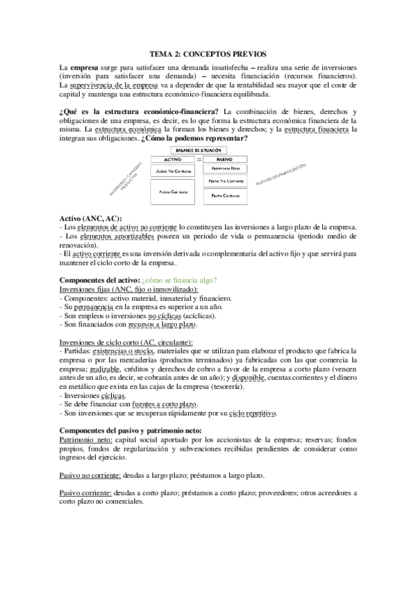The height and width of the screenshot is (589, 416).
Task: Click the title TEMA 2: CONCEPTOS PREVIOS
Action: (208, 53)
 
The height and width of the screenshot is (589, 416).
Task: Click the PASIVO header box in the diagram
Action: (224, 159)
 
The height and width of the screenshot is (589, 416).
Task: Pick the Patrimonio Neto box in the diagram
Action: (224, 169)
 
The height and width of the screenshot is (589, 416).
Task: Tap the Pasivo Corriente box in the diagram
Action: (224, 197)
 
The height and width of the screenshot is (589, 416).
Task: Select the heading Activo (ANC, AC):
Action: (90, 219)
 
